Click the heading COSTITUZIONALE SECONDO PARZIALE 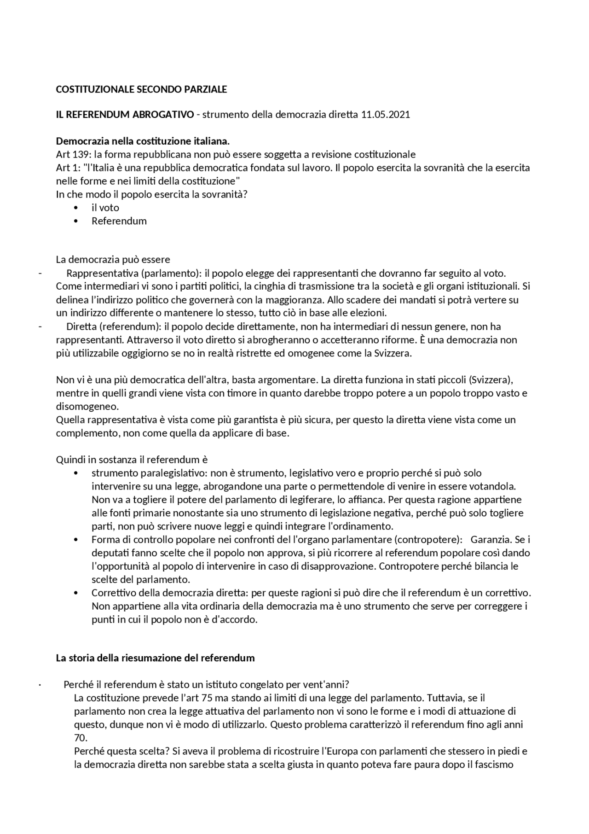[141, 89]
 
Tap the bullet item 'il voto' [105, 208]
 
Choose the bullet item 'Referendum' [119, 221]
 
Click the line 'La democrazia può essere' [113, 259]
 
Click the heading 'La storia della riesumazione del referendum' [155, 658]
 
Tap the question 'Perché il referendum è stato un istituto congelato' [184, 684]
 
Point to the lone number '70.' [81, 738]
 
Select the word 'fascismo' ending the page [493, 764]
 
